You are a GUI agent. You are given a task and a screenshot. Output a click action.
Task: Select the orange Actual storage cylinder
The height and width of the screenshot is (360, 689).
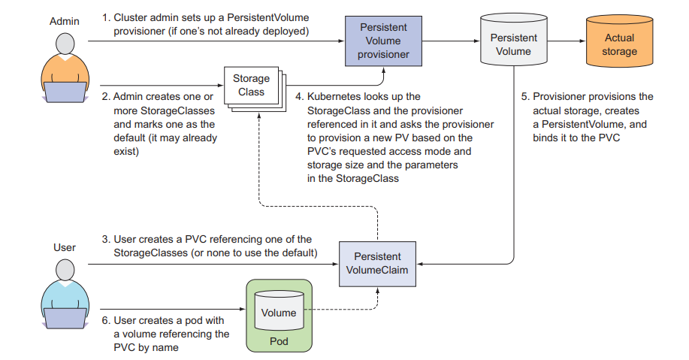point(620,44)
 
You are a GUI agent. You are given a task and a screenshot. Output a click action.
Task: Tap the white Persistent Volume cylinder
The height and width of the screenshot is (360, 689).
point(513,44)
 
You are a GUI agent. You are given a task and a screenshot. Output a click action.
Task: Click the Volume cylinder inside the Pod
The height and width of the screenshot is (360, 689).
point(278,313)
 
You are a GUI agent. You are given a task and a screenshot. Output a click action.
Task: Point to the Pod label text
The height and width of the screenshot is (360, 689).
point(279,341)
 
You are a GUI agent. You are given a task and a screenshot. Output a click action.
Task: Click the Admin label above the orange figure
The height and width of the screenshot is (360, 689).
point(63,22)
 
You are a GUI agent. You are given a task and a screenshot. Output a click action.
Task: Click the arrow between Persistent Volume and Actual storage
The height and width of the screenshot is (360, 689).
point(567,41)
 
